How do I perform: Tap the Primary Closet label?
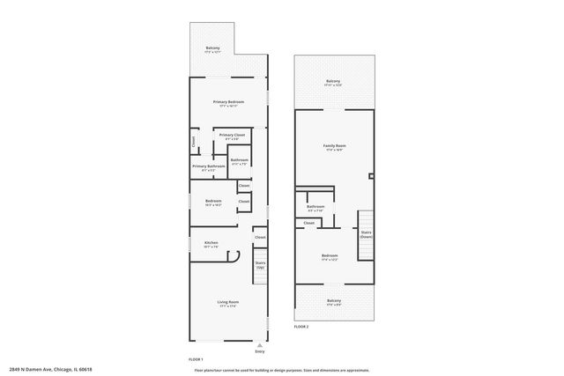[232, 136]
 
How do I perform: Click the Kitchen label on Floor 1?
[211, 244]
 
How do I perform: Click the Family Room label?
[334, 147]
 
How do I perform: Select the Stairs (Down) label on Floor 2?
[366, 234]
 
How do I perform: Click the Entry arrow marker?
[259, 345]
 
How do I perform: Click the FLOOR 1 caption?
[196, 360]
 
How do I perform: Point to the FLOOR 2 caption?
[301, 327]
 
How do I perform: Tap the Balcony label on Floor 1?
[212, 49]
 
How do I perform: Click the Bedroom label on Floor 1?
[213, 203]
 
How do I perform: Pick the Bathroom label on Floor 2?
[315, 209]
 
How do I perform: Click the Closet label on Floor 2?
[308, 223]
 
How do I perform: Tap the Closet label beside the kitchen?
[260, 237]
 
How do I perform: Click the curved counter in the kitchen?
[234, 256]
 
